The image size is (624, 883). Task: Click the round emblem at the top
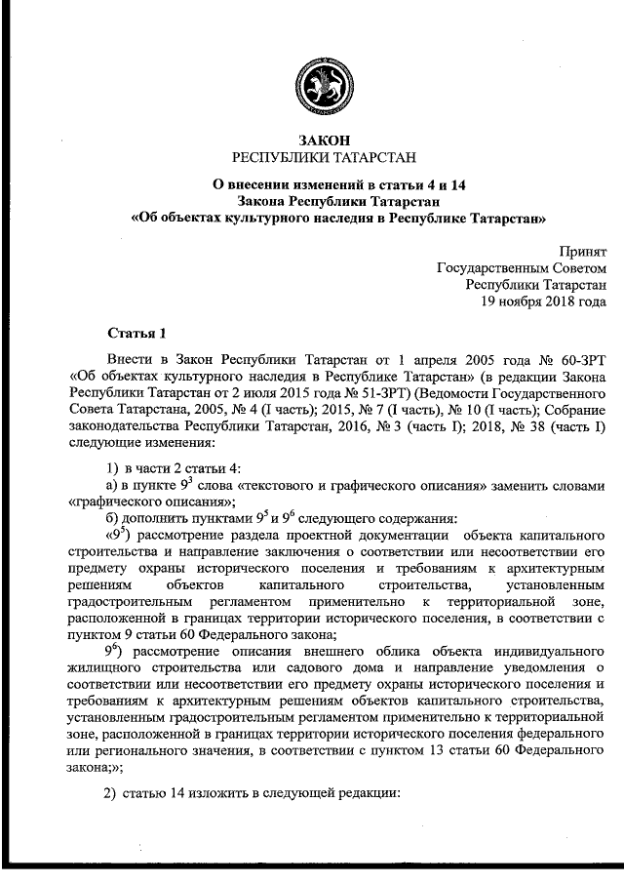coord(313,85)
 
